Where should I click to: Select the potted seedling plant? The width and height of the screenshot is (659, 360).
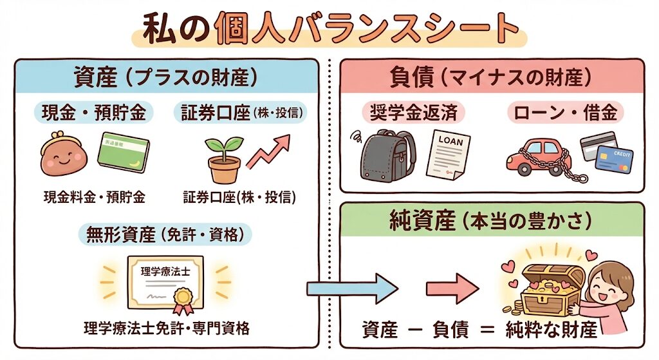pos(223,160)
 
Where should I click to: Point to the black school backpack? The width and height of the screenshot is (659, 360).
pos(387,155)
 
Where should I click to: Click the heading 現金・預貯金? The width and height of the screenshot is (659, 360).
pos(94,113)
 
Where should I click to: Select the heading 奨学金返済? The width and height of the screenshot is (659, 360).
pos(413,113)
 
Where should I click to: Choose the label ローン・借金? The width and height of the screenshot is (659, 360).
pos(566,113)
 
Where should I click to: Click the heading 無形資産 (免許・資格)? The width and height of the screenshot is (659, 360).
pos(165,235)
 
